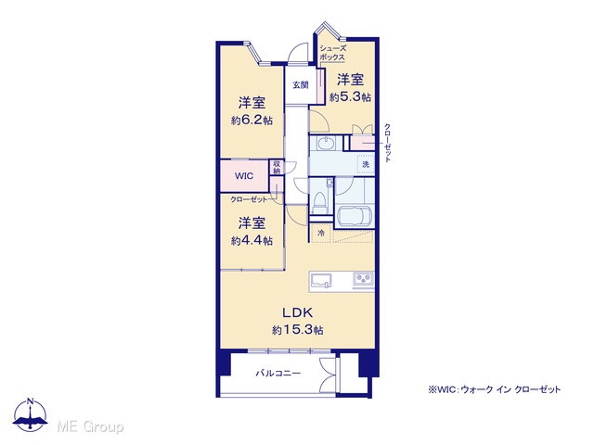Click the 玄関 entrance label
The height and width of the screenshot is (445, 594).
pos(301,85)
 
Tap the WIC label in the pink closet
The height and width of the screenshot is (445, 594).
pos(244,176)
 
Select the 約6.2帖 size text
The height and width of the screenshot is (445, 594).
pos(252,121)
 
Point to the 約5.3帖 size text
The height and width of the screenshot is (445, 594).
pos(350,97)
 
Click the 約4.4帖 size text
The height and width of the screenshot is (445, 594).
pos(252,241)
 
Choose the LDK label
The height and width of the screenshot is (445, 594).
pos(297,312)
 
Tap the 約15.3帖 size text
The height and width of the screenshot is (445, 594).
pos(298,330)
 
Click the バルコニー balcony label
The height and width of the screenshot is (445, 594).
pos(278,374)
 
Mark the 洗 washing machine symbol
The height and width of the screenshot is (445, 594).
pos(366,164)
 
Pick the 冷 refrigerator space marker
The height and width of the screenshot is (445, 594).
pos(321,233)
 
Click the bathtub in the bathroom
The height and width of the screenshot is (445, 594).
pos(355,216)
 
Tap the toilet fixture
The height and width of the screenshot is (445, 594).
pos(320,202)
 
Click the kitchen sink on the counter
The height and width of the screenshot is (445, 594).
pos(321,281)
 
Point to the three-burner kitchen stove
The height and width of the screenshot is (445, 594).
pos(363,280)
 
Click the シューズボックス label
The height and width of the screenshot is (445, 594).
pos(332,53)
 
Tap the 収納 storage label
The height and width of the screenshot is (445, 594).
pos(277,167)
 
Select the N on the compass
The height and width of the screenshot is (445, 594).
pos(31,401)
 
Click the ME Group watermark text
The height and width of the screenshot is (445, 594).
pos(91,427)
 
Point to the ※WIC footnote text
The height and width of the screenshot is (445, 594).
pos(494,389)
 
